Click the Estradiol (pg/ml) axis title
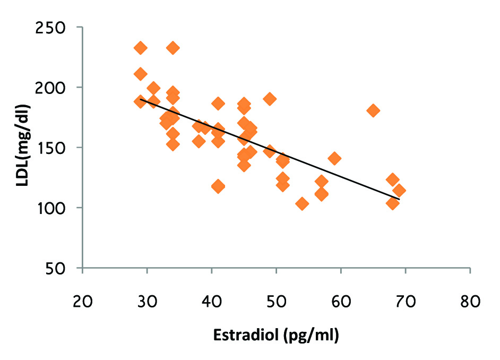point(276,336)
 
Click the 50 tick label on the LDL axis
point(62,268)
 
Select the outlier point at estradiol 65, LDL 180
point(373,110)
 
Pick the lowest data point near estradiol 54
point(302,204)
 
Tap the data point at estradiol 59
point(334,158)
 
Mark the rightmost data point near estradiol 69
point(399,191)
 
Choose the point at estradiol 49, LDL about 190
point(270,99)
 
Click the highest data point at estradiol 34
point(173,48)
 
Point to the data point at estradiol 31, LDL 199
point(154,88)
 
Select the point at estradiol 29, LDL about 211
point(141,74)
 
